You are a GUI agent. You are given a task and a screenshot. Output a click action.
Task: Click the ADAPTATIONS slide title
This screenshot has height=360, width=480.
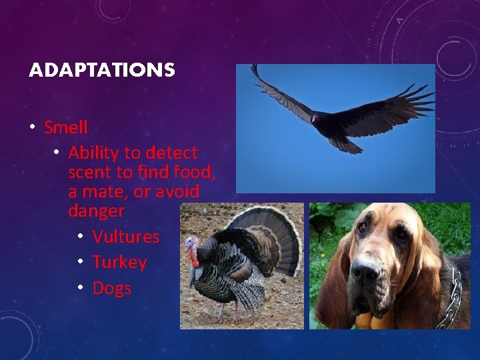coord(101,70)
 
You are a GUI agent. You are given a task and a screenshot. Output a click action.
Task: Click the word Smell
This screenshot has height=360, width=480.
coord(66,127)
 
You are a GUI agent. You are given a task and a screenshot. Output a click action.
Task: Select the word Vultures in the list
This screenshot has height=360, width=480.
coord(126,237)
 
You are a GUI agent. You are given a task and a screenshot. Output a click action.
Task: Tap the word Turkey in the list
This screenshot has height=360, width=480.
coord(119,262)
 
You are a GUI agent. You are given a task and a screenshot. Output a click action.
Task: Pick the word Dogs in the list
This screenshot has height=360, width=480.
coord(112,288)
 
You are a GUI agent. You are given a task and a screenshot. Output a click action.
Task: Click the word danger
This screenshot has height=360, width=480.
coord(96,211)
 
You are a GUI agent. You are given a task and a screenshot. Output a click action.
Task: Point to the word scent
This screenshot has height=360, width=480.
coord(89,173)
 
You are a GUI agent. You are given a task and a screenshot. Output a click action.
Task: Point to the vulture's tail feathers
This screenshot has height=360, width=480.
coord(346,143)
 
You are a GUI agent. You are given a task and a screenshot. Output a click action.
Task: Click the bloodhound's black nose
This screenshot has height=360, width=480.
coord(365,271)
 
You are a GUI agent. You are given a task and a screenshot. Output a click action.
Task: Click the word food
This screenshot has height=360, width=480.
coord(193,173)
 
